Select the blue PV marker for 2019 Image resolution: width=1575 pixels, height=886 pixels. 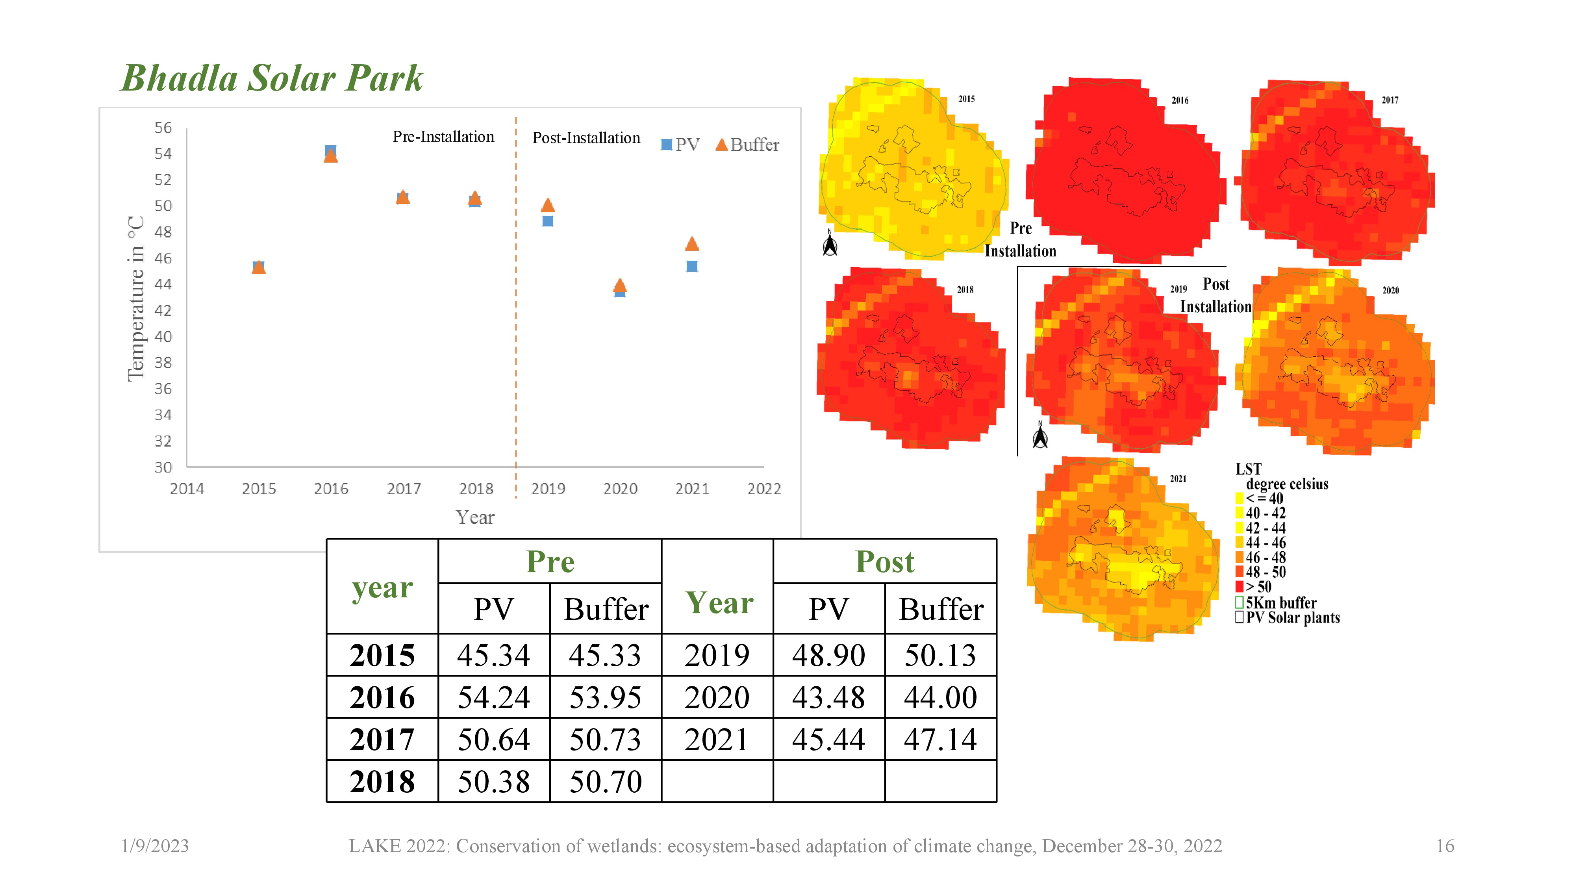coord(548,221)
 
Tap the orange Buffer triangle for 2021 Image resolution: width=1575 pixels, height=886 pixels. coord(691,244)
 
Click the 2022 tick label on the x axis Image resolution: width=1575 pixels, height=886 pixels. coord(763,489)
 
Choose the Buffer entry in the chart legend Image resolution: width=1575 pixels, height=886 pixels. coord(747,145)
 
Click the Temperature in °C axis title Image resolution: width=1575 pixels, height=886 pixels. coord(136,298)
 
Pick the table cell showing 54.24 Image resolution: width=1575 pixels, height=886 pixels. coord(493,697)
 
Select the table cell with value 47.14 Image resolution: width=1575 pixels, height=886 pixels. coord(940,739)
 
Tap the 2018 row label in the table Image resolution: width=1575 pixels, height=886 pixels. coord(382,781)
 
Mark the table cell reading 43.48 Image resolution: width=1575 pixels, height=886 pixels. coord(828,697)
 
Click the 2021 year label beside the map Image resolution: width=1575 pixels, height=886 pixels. coord(1178,479)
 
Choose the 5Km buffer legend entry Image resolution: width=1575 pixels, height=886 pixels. coord(1280,603)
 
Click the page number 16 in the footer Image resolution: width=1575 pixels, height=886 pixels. coord(1445,846)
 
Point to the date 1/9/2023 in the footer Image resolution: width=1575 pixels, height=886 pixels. coord(155,846)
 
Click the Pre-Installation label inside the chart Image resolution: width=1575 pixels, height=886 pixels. coord(443,137)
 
